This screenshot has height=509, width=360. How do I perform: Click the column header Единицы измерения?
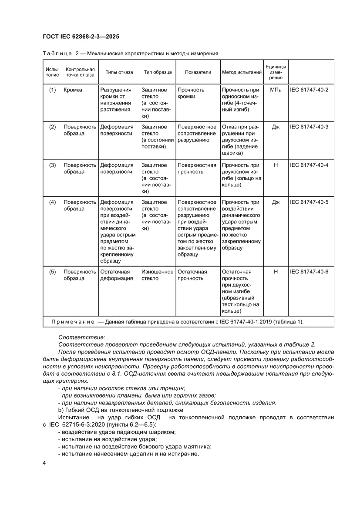pos(276,72)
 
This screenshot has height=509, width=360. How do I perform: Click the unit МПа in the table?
pos(276,89)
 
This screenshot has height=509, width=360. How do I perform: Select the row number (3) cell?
pos(52,165)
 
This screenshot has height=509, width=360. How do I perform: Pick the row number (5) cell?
pos(52,272)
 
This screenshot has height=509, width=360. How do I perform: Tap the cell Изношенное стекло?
pos(157,275)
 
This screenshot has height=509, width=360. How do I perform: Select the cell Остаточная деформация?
pos(116,275)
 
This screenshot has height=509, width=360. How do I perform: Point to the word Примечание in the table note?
pos(72,322)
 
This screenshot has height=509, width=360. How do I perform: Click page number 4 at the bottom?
pos(44,462)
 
